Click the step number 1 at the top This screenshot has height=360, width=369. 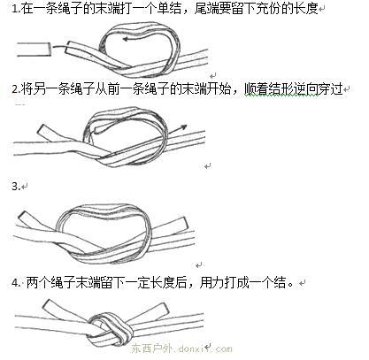(x=14, y=9)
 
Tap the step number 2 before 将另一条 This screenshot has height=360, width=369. (x=15, y=89)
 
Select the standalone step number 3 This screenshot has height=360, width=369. (x=15, y=187)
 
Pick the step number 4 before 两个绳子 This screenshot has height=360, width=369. (x=15, y=283)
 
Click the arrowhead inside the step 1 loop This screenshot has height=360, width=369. (x=126, y=39)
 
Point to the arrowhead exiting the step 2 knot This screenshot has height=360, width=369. (x=183, y=127)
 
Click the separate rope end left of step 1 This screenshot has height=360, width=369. (x=34, y=50)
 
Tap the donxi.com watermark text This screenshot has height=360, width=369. (x=181, y=349)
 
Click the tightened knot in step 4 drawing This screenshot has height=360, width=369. (x=111, y=328)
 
